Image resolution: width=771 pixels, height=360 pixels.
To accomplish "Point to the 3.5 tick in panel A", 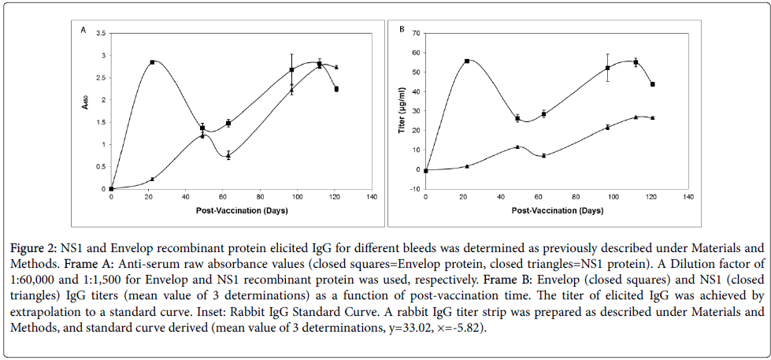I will click(x=100, y=33).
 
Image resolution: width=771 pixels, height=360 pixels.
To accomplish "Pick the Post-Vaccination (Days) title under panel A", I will click(x=240, y=211).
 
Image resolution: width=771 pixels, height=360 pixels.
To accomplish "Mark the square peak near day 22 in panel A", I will click(x=152, y=61).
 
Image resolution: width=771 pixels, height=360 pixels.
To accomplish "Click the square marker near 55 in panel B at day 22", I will click(x=467, y=61).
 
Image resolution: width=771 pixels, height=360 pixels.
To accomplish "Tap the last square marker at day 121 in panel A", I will click(x=336, y=89).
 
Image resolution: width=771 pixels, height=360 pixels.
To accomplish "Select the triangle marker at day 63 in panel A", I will click(x=228, y=156).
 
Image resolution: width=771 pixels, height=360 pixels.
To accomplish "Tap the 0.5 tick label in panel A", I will click(x=100, y=166).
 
